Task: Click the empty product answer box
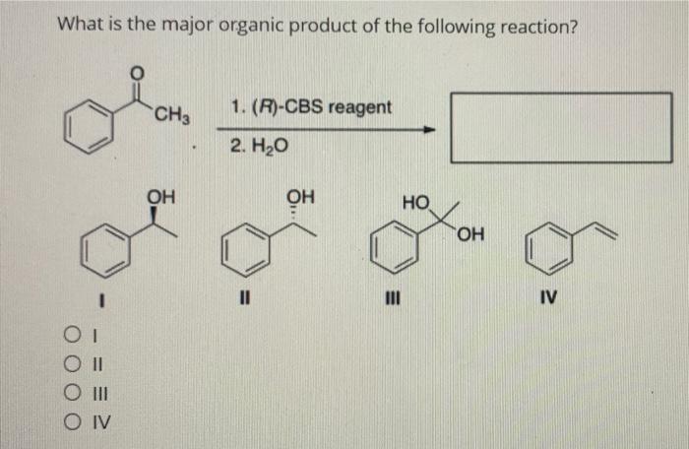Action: pos(561,127)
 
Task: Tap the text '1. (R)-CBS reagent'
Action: pos(311,107)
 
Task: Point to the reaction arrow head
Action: pos(428,129)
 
